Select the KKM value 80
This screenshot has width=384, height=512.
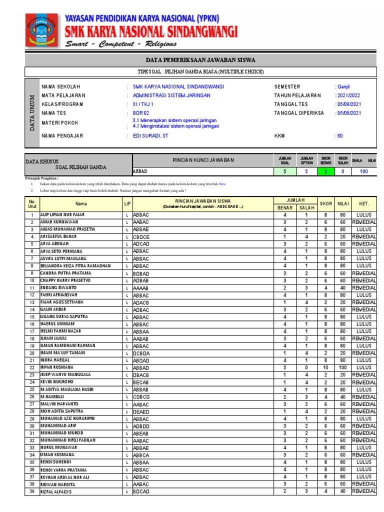coord(339,135)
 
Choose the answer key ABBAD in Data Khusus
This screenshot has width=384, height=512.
coord(140,171)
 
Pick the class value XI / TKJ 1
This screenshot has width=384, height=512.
coord(143,104)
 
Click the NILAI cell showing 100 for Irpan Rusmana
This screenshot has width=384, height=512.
coord(342,367)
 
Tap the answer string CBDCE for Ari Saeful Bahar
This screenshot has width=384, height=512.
coord(141,236)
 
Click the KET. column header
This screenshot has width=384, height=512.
coord(363,203)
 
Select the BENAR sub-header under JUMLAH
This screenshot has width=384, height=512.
coord(284,207)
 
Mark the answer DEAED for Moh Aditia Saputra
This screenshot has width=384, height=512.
coord(141,411)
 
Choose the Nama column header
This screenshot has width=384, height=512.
coord(81,203)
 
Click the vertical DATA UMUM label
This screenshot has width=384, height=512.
coord(31,113)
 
